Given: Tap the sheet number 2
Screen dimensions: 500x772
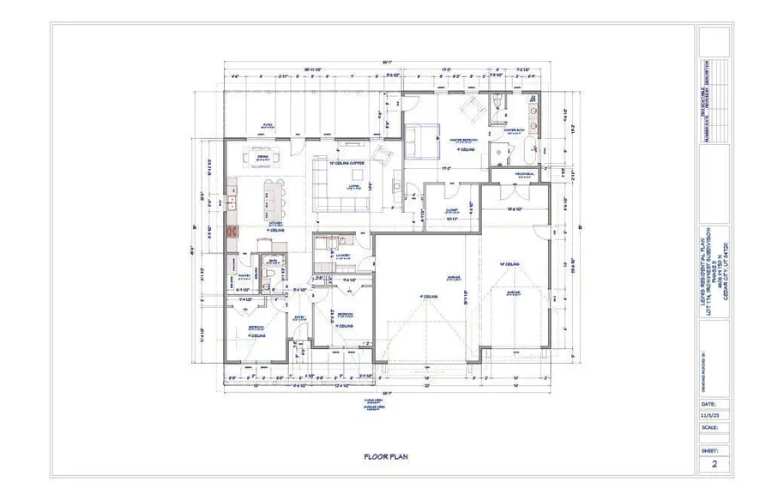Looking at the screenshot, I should tap(713, 465).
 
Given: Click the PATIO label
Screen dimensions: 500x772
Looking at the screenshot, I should tap(267, 126).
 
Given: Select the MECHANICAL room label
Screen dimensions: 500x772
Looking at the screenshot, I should tap(525, 173).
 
